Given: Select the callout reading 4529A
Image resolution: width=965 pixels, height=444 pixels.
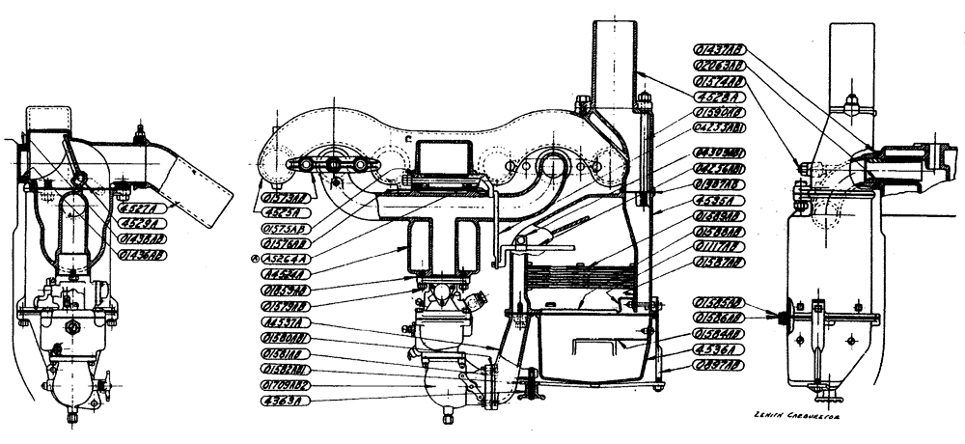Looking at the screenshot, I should tap(142, 221).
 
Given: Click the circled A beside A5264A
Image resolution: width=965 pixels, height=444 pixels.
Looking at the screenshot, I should tap(255, 259).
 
